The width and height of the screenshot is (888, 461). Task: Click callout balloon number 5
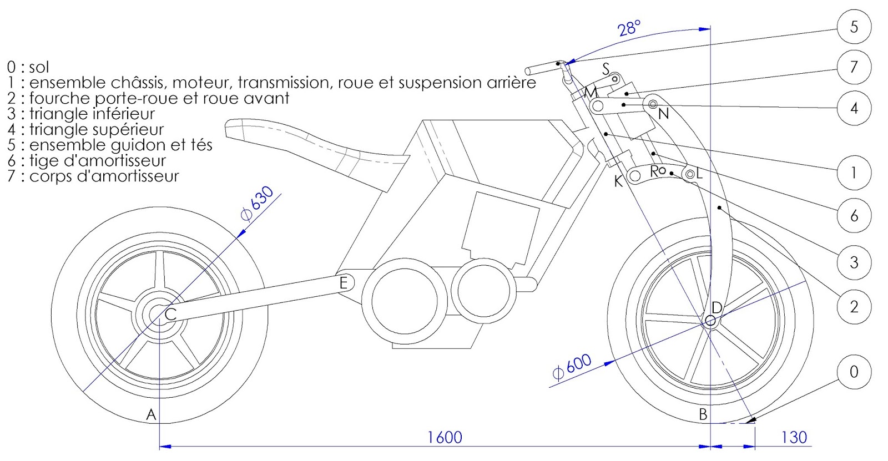coord(854,27)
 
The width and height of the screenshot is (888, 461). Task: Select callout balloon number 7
coord(854,67)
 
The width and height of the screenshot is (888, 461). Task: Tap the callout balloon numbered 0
coord(854,372)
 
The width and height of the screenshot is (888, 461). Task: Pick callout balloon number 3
coord(854,262)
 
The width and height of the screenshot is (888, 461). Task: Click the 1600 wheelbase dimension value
coord(444,438)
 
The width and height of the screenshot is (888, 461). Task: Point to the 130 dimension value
coord(794,438)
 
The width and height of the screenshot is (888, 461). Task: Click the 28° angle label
coord(629,28)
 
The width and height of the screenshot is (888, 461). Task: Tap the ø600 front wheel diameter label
coord(572,367)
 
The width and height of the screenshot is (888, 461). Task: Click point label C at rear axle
coord(170,315)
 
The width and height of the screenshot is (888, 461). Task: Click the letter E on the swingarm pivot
coord(344,283)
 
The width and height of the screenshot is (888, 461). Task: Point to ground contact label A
coord(150,414)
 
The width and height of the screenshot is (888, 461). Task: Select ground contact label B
coord(703,414)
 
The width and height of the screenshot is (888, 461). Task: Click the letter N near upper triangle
coord(663,114)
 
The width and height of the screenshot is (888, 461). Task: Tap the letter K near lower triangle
coord(618,181)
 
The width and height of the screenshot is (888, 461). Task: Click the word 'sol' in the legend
coord(39,68)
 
